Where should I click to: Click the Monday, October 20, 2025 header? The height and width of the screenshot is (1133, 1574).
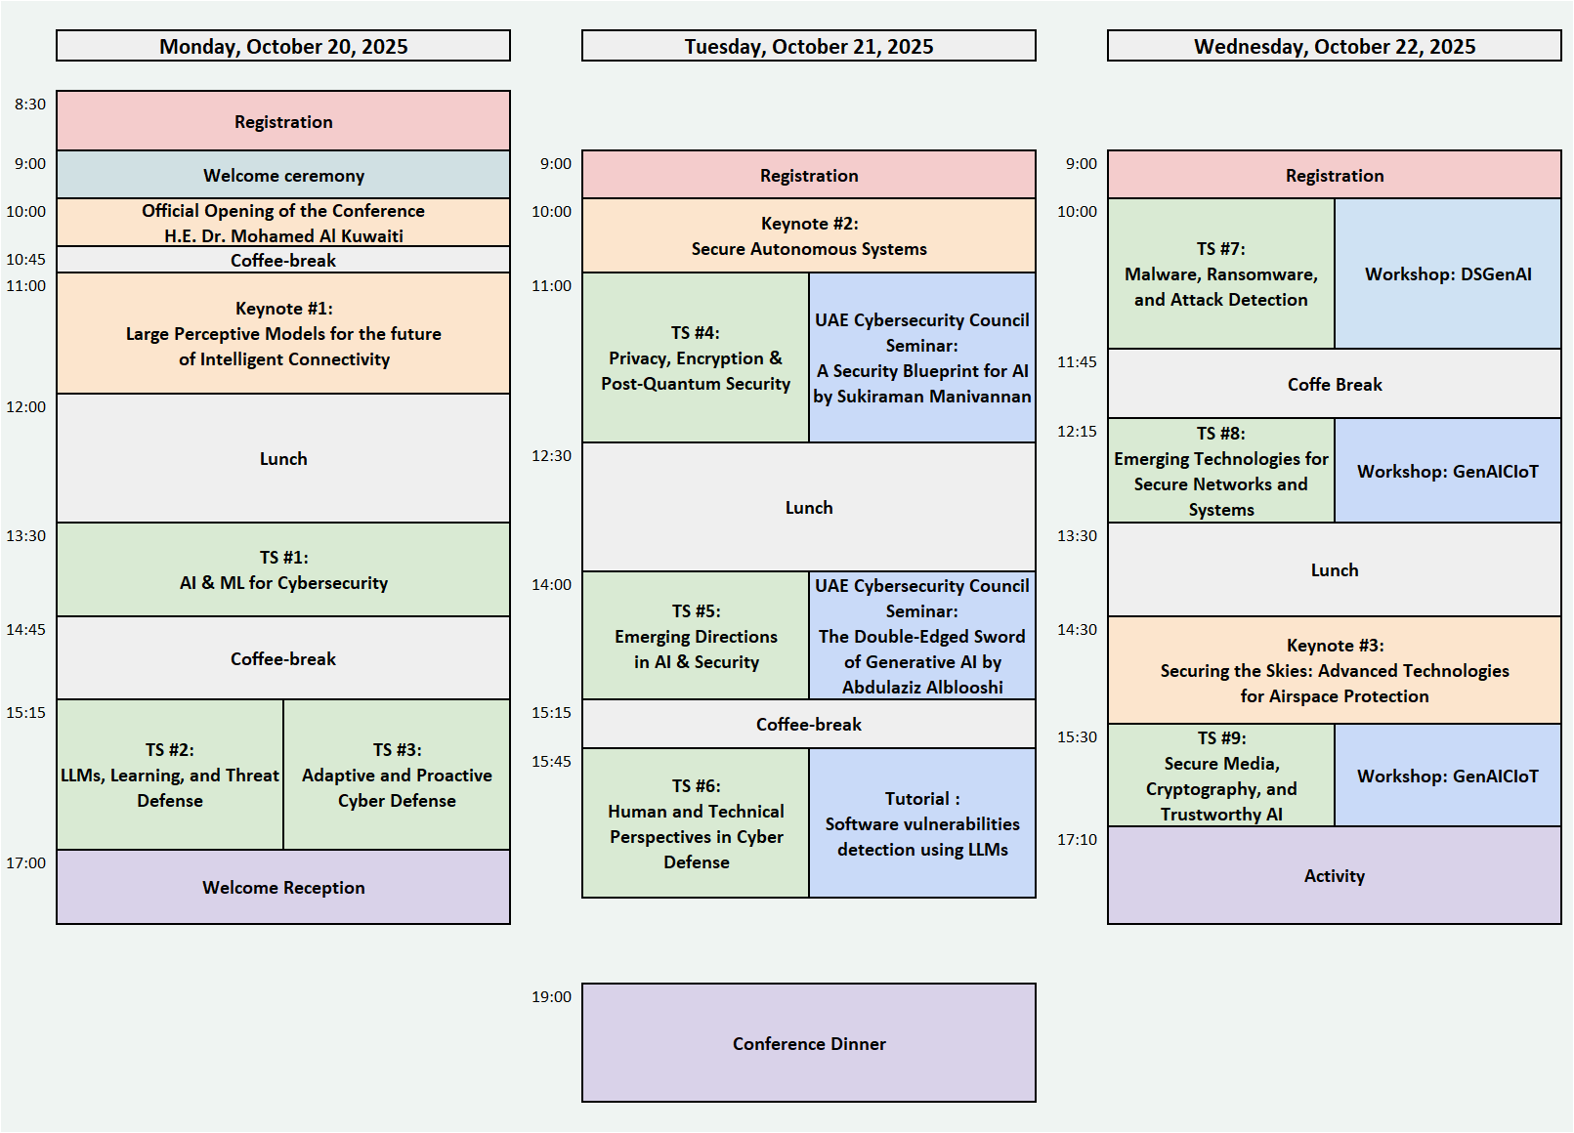[x=283, y=46]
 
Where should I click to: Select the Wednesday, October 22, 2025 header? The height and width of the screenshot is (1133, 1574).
[x=1334, y=46]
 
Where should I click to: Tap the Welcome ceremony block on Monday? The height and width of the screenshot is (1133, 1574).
[x=283, y=175]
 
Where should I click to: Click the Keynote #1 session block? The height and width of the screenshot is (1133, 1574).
[x=283, y=333]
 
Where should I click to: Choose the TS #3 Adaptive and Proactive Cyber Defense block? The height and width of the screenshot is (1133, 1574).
[x=397, y=775]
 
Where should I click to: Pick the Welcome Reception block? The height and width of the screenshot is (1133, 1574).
[x=283, y=887]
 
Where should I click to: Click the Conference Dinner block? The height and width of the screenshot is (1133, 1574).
[x=809, y=1043]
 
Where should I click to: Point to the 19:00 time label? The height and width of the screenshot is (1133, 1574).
[x=551, y=996]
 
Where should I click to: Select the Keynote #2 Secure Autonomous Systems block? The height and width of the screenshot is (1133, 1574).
[x=809, y=235]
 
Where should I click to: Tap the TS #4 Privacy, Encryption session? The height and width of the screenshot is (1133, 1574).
[x=696, y=357]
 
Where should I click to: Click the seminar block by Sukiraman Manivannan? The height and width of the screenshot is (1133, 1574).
[x=922, y=357]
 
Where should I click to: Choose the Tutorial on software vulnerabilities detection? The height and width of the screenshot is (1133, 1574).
[x=922, y=823]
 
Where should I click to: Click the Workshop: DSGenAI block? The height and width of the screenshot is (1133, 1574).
[x=1448, y=273]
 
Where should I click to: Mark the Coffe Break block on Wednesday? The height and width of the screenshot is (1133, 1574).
[x=1334, y=384]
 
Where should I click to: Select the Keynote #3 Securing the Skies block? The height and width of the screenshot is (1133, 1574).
[x=1334, y=670]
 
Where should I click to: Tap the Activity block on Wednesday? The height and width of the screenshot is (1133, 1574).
[x=1334, y=875]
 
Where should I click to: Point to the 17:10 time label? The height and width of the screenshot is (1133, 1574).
[x=1077, y=839]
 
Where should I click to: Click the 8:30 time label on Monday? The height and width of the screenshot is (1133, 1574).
[x=29, y=104]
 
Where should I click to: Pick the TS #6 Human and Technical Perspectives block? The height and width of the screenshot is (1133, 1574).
[x=696, y=823]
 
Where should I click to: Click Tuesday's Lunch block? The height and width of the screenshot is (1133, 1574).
[x=809, y=507]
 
